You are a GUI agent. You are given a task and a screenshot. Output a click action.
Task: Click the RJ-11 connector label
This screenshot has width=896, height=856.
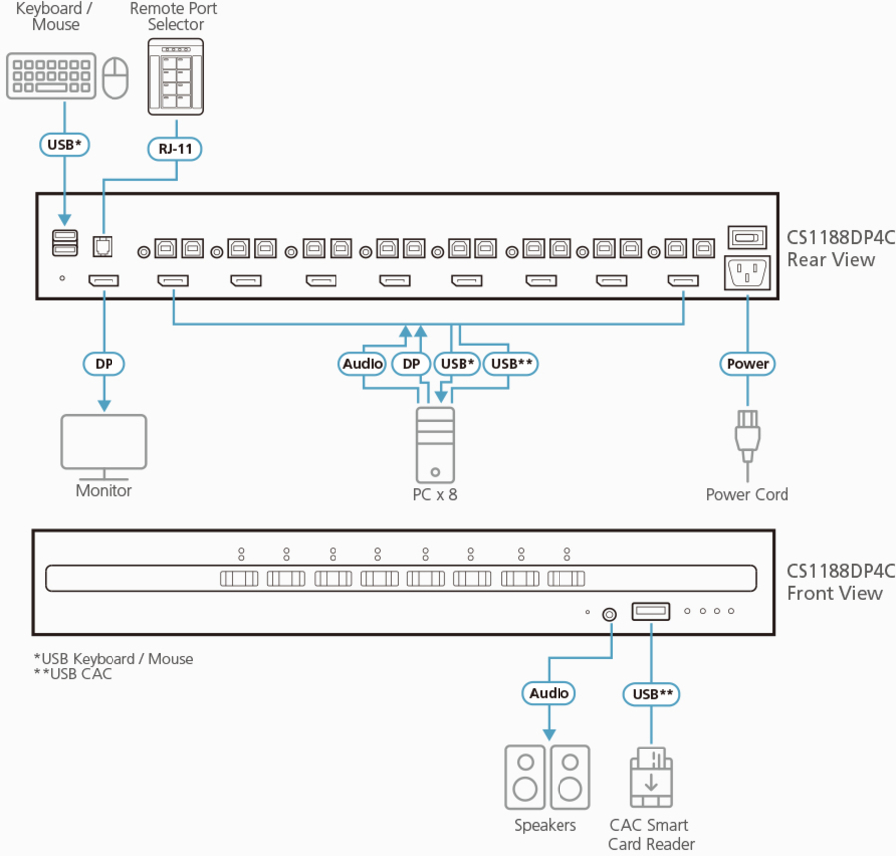click(x=176, y=148)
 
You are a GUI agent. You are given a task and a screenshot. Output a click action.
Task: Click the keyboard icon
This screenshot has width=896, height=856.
click(x=53, y=76)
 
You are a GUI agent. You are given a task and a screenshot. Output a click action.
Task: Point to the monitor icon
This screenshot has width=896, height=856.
click(x=104, y=441)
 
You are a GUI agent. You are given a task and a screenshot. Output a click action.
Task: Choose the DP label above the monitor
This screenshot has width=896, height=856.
click(x=104, y=364)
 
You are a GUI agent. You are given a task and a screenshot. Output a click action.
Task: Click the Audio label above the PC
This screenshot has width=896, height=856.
click(x=363, y=364)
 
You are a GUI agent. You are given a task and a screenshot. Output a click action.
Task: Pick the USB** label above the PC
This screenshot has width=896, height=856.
click(x=512, y=364)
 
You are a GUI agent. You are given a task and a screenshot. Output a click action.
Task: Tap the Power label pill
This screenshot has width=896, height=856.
click(x=747, y=364)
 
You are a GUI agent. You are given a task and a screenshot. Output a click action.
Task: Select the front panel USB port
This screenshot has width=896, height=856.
click(x=650, y=611)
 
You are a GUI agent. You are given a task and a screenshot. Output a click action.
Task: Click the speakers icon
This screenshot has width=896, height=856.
click(x=546, y=776)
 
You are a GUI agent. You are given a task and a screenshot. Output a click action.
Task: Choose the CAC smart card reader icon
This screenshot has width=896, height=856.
click(x=650, y=776)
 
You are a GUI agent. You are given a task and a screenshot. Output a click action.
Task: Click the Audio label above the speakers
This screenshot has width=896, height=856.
click(x=549, y=693)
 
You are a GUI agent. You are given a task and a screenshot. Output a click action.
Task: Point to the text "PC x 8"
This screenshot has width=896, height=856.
click(x=435, y=494)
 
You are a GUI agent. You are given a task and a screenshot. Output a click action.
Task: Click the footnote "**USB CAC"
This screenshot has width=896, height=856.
click(x=73, y=674)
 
